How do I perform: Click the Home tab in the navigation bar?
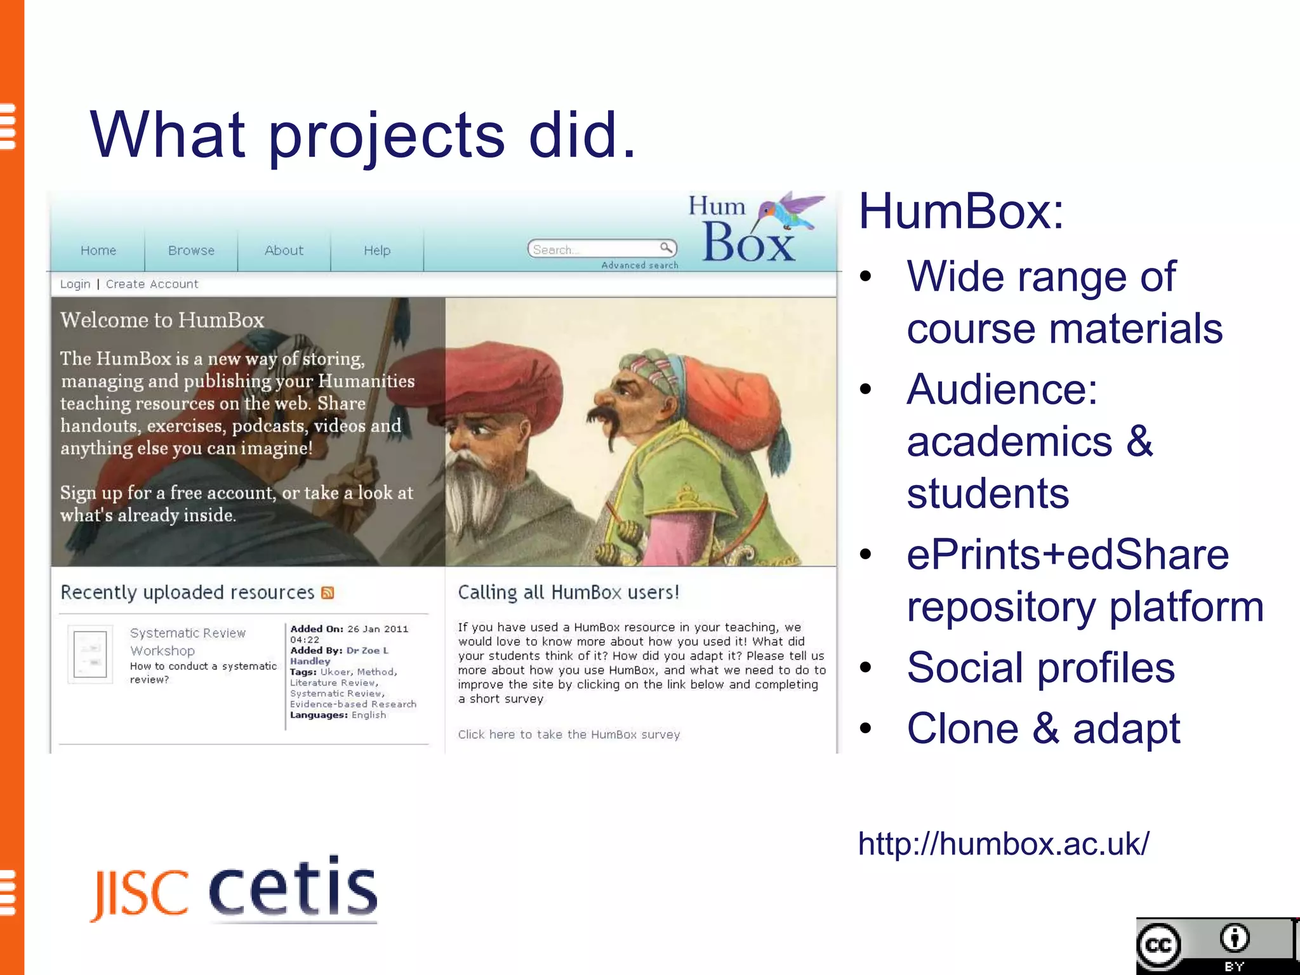point(98,251)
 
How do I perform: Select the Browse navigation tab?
point(191,251)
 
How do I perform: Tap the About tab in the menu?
point(284,251)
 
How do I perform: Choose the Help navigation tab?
point(377,251)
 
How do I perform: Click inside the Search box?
point(594,249)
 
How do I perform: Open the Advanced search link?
point(640,265)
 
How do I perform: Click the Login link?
point(75,284)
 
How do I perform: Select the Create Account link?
point(152,284)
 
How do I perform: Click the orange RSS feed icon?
point(328,593)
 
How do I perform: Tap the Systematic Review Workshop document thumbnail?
point(90,654)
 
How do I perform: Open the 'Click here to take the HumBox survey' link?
point(569,734)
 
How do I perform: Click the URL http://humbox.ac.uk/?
point(1003,844)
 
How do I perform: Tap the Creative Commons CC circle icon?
point(1159,945)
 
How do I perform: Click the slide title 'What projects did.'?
point(363,135)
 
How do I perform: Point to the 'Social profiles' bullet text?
point(1040,668)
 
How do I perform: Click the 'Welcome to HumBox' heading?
point(162,320)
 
